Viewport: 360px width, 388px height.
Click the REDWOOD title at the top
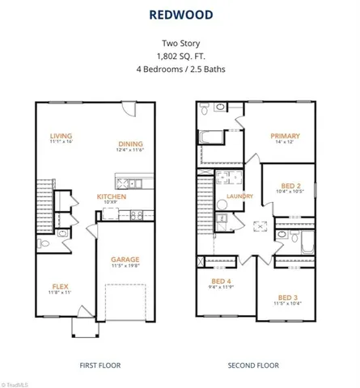pos(180,14)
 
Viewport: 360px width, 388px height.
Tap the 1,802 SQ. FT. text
pos(180,57)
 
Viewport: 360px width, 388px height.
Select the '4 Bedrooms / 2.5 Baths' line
pos(180,69)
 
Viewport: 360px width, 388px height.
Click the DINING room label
pos(129,142)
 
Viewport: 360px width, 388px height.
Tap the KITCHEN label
pos(111,196)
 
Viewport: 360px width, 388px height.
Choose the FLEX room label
pos(60,286)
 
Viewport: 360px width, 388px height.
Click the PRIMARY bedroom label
pos(286,136)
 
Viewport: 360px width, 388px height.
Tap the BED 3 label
pos(288,297)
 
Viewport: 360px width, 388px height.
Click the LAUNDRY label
pos(240,196)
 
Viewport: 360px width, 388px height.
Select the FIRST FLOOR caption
pos(100,365)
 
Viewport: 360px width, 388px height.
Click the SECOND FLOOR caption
pos(252,365)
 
